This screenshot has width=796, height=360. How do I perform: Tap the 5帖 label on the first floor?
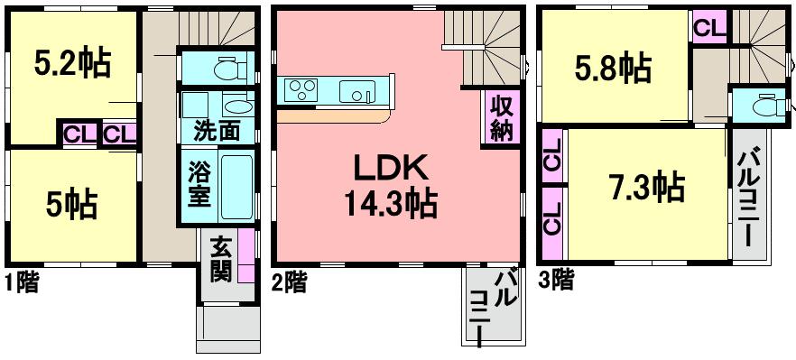pyautogui.click(x=72, y=205)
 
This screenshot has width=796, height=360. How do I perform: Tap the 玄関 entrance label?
pyautogui.click(x=220, y=260)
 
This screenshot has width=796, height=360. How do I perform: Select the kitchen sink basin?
pyautogui.click(x=354, y=90)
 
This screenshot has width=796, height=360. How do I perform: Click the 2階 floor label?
pyautogui.click(x=289, y=282)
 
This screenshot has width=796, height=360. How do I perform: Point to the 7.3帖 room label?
pyautogui.click(x=644, y=189)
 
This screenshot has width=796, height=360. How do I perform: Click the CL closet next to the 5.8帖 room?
pyautogui.click(x=709, y=26)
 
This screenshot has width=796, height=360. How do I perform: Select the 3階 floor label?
pyautogui.click(x=558, y=281)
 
